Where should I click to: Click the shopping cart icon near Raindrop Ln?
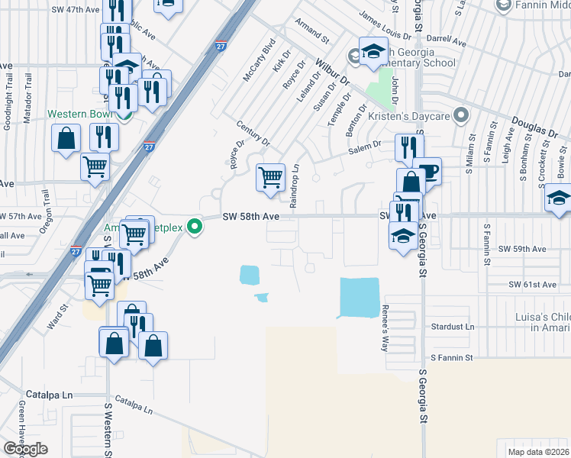pyautogui.click(x=270, y=178)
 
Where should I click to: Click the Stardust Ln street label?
pyautogui.click(x=453, y=326)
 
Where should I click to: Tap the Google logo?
pyautogui.click(x=25, y=449)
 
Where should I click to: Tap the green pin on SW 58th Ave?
pyautogui.click(x=195, y=225)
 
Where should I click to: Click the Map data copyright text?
pyautogui.click(x=539, y=450)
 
